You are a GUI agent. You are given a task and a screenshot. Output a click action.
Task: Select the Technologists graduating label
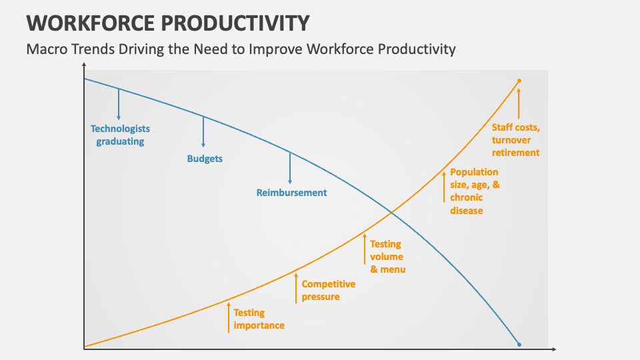tap(120, 135)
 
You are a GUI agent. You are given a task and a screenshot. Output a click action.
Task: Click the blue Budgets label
tap(205, 159)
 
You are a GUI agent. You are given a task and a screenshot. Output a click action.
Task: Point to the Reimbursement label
tap(291, 193)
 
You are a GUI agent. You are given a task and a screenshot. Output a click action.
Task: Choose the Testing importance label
tap(259, 319)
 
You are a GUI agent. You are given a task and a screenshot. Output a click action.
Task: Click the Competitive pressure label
tap(328, 290)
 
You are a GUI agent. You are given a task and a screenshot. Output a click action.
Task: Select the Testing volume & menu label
tap(387, 257)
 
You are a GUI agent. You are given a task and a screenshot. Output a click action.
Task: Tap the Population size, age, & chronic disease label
tap(474, 191)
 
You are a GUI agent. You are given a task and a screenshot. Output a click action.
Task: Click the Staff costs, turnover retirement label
tap(515, 139)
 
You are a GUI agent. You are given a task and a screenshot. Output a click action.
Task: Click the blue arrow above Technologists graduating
tap(119, 103)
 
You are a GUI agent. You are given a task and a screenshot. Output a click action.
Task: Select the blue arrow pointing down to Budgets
tap(203, 132)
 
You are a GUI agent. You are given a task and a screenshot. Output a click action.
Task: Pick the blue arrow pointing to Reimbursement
tap(290, 167)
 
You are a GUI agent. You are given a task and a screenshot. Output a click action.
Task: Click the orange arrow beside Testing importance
tap(228, 317)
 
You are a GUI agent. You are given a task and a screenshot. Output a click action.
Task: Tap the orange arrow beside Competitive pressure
tap(296, 289)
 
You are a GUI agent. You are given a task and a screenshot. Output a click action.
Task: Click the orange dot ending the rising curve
tap(519, 81)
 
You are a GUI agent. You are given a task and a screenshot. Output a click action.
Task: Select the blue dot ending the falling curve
tap(519, 345)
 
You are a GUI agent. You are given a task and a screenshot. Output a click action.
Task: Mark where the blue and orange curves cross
tap(391, 213)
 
